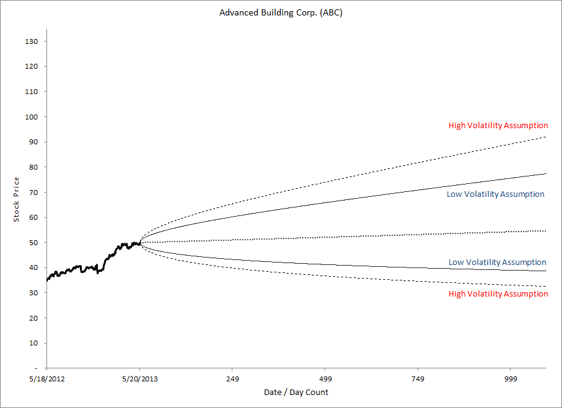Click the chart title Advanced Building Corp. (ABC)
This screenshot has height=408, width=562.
pyautogui.click(x=281, y=12)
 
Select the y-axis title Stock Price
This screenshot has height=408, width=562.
pyautogui.click(x=16, y=199)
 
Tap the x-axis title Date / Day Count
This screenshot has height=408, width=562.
pyautogui.click(x=296, y=392)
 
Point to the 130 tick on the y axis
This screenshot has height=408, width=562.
pyautogui.click(x=32, y=41)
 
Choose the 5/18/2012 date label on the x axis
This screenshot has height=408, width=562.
pyautogui.click(x=47, y=378)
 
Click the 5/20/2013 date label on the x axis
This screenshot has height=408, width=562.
pyautogui.click(x=139, y=378)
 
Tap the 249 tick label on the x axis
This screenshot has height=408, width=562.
pyautogui.click(x=232, y=378)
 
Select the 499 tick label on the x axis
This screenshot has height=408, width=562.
pyautogui.click(x=325, y=378)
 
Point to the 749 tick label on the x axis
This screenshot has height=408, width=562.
pyautogui.click(x=418, y=378)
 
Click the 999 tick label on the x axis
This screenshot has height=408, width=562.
pyautogui.click(x=511, y=378)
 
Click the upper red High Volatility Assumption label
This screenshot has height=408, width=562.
pyautogui.click(x=498, y=126)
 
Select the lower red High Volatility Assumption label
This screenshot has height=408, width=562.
pyautogui.click(x=498, y=294)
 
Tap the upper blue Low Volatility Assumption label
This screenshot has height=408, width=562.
pyautogui.click(x=495, y=194)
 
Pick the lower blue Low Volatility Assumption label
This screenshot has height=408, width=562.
pyautogui.click(x=497, y=263)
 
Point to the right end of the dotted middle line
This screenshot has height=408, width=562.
pyautogui.click(x=545, y=231)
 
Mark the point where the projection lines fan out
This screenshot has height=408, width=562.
pyautogui.click(x=140, y=243)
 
